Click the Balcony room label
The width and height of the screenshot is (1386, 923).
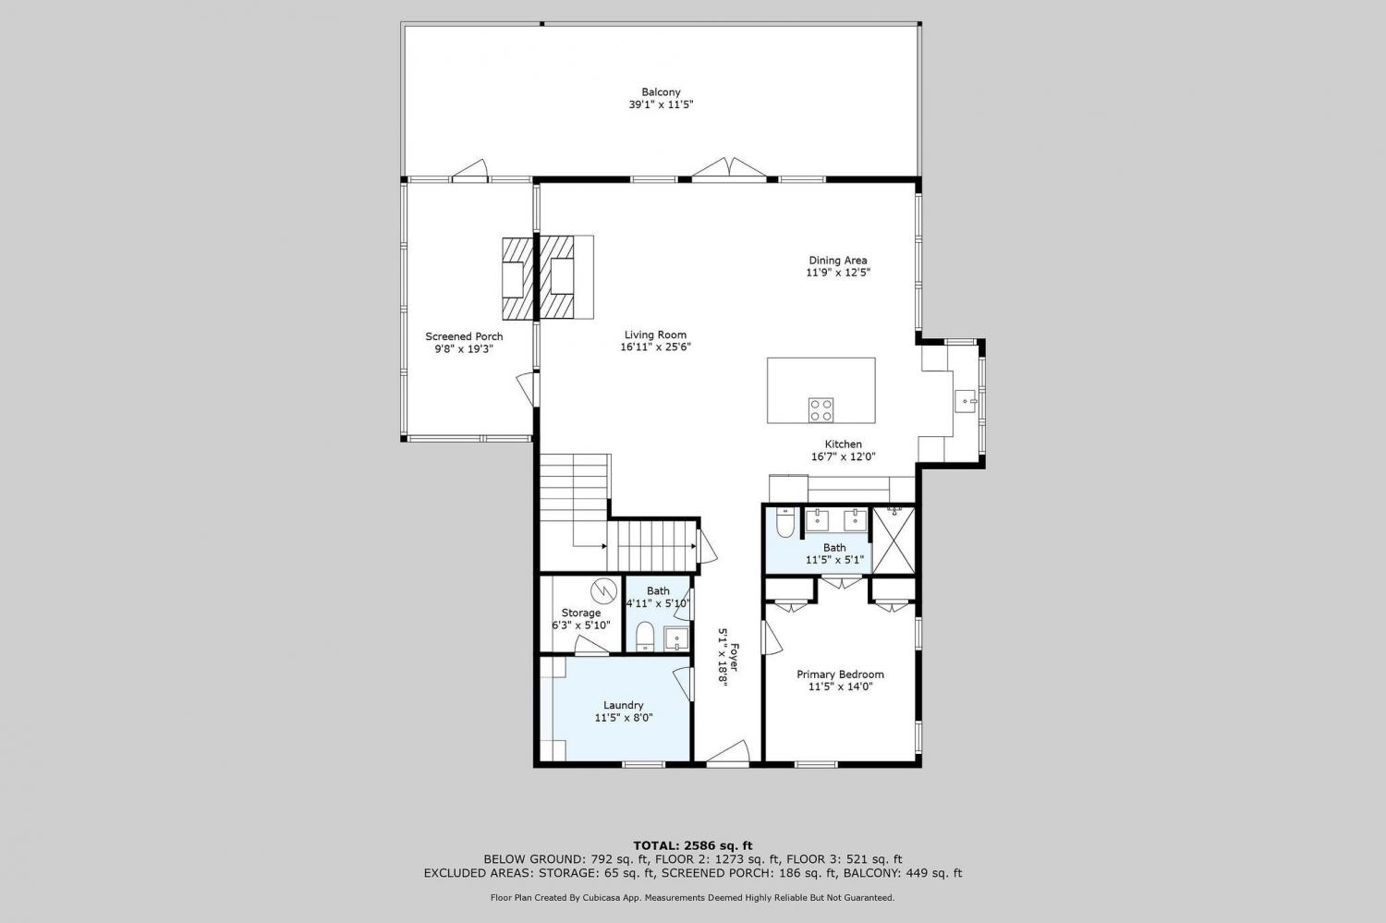click(661, 92)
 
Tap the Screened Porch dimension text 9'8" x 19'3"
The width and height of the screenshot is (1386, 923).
click(464, 349)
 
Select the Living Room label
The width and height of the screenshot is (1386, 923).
click(655, 334)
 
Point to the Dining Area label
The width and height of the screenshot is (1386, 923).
click(838, 261)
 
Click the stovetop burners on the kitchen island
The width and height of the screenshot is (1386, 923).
click(821, 410)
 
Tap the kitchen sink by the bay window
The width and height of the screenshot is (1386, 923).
click(966, 401)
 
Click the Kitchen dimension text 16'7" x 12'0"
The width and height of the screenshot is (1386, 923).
click(844, 457)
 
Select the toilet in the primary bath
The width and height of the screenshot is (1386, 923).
click(784, 523)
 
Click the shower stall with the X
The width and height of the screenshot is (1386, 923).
click(893, 540)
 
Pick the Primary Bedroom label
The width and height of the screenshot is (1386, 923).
click(840, 674)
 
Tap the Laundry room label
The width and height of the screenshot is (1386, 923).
click(623, 705)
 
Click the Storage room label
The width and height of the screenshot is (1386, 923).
click(581, 613)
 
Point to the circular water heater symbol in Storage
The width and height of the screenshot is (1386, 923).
click(603, 591)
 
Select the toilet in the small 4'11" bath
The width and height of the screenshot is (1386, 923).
click(645, 637)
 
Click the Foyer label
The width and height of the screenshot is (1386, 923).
click(734, 658)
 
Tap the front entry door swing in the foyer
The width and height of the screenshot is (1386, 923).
click(728, 752)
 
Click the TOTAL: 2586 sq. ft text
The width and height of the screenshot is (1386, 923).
click(693, 845)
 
